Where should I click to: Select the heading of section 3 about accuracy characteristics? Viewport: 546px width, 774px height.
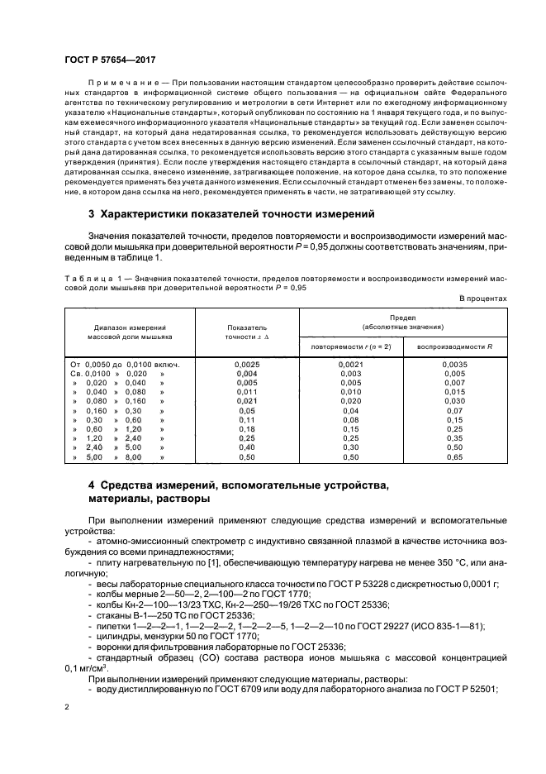tap(231, 214)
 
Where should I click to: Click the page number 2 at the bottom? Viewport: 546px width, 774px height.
tap(67, 708)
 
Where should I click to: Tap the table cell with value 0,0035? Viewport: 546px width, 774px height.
tap(455, 364)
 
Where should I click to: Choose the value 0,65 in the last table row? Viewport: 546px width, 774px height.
tap(455, 457)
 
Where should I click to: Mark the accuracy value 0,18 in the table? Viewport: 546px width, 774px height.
tap(247, 429)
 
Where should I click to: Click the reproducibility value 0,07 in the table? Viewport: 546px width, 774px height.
tap(455, 410)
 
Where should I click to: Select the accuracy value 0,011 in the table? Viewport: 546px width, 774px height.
tap(247, 391)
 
